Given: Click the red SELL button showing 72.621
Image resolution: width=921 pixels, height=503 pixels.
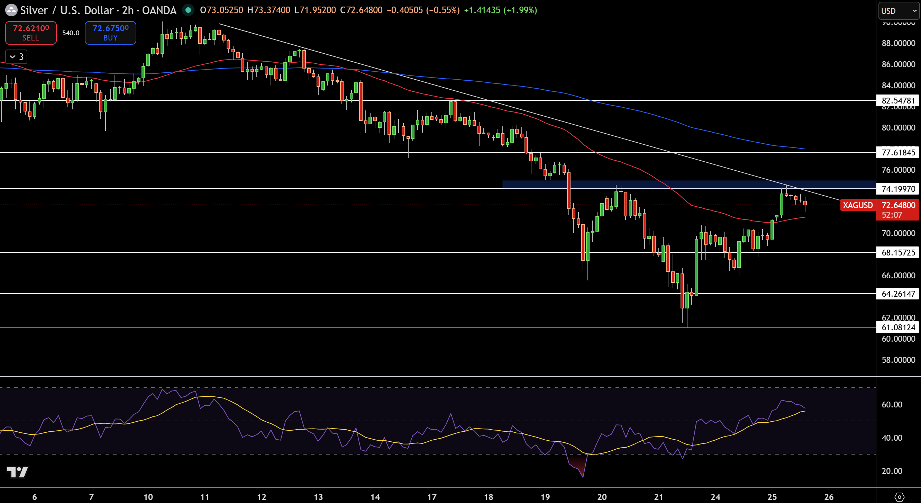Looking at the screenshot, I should point(31,33).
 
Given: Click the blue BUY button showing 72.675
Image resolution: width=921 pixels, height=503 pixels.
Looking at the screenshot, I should point(110,33).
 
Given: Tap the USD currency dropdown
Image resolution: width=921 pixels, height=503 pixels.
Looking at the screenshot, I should point(899,11).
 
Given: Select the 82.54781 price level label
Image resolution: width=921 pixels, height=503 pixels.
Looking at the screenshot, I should point(898,100).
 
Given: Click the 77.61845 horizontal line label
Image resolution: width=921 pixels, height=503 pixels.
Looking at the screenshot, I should point(898,152).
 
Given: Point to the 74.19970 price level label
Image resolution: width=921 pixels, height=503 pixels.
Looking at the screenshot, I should point(898,189).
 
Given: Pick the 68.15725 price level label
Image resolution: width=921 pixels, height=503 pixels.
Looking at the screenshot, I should point(898,252).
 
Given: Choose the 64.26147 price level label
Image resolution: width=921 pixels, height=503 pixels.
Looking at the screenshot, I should point(898,293).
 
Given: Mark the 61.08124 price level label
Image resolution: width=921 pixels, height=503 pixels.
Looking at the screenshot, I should point(898,327).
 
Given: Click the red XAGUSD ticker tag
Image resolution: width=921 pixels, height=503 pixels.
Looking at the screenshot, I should point(857,205).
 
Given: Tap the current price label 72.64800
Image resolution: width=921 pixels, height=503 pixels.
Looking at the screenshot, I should point(898,205).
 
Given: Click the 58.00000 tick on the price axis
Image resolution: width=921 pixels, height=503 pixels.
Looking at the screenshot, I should point(898,360).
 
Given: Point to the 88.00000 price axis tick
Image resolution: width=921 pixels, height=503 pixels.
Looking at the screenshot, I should point(898,43).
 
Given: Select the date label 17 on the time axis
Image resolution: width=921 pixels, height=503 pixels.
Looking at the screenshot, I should point(431,496).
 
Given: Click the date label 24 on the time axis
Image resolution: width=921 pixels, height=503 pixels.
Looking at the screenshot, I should point(715,496).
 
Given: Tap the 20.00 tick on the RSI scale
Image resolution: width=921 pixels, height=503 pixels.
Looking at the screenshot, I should point(892,471).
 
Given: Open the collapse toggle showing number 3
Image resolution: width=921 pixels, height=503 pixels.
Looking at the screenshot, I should point(17,56).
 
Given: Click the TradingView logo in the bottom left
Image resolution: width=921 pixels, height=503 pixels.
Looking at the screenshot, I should point(17,472).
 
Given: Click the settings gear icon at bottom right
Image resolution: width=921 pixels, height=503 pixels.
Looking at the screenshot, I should point(899,496).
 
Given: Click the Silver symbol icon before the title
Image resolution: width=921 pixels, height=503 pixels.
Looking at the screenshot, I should point(11,10).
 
